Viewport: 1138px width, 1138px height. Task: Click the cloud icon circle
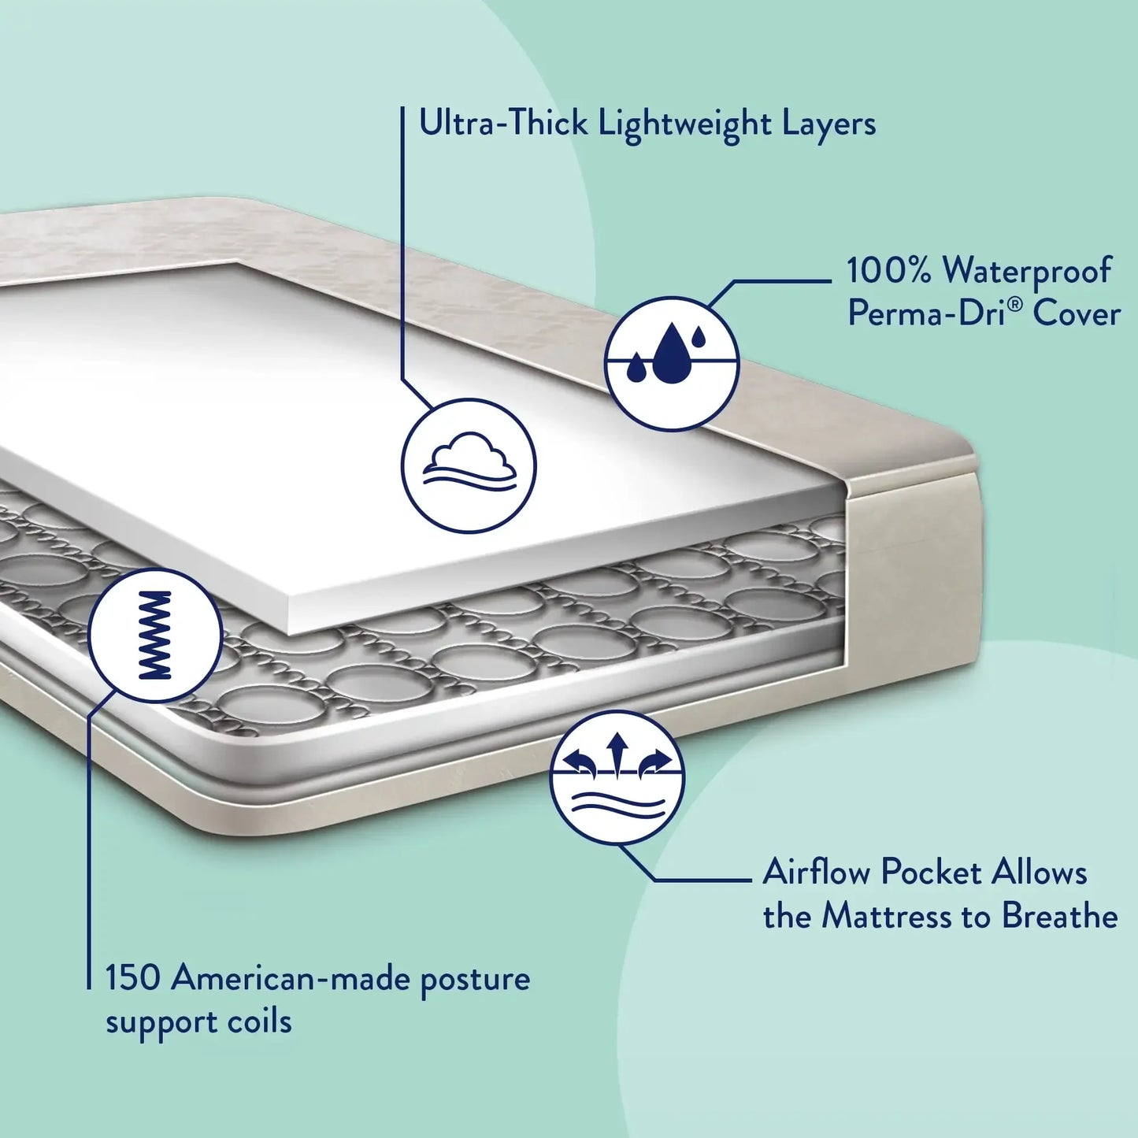coord(469,465)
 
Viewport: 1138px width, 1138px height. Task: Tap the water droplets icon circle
coord(672,363)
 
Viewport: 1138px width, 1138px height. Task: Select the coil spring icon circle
coord(155,635)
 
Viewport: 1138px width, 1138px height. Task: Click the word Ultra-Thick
coord(503,124)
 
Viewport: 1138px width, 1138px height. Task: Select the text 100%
coord(889,270)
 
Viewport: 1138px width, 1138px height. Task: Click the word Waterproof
coord(1027,272)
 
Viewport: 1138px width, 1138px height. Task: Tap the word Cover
coord(1077,313)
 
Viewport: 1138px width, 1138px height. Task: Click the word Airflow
coord(816,873)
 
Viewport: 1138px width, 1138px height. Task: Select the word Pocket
coord(931,873)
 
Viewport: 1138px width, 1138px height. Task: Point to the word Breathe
coord(1059,916)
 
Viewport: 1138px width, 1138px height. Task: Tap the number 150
coord(133,978)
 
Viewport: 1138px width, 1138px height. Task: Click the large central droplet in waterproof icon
coord(671,354)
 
